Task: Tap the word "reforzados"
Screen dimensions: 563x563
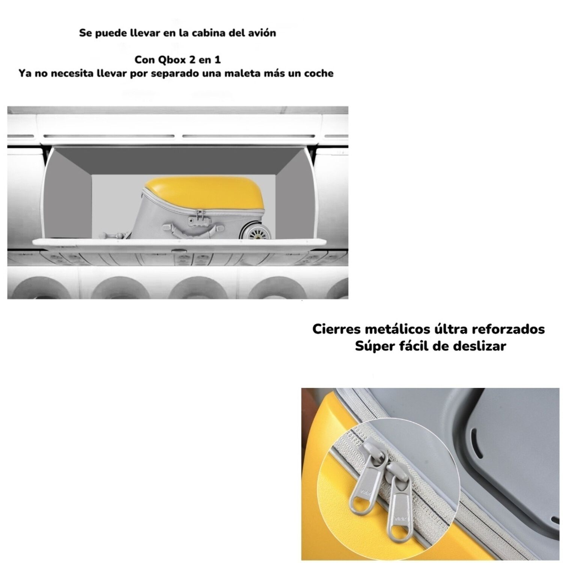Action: pyautogui.click(x=511, y=329)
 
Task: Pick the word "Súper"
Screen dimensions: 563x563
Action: pyautogui.click(x=372, y=346)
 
